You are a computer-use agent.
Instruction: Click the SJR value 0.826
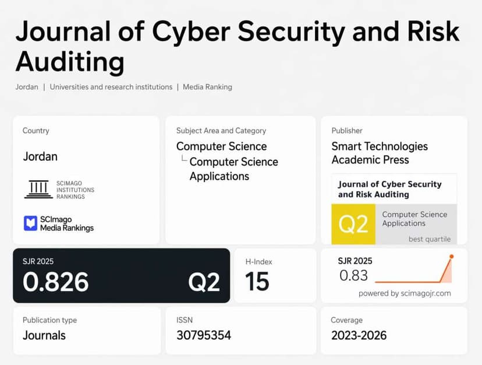pos(56,282)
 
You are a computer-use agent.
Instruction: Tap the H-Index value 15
pos(257,282)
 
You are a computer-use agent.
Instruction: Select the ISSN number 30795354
pos(204,335)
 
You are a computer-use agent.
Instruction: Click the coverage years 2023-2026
pos(359,335)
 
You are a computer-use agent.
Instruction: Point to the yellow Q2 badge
pos(353,224)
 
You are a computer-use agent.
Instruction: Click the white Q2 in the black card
pos(204,282)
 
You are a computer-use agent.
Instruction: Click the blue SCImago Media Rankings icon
pos(30,223)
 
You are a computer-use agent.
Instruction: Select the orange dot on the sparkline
pos(451,257)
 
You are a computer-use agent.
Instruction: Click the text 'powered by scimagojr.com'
pos(405,293)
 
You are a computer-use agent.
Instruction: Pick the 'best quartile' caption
pos(429,239)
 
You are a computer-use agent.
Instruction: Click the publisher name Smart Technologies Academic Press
pos(380,153)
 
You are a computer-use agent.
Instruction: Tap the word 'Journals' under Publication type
pos(44,335)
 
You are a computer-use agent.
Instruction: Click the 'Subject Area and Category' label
pos(221,131)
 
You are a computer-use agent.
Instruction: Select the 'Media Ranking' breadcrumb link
pos(207,87)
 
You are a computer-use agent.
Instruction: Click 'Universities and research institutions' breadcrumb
pos(111,87)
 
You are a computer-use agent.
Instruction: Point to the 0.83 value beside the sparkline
pos(353,276)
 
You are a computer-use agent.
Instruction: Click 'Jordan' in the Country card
pos(40,156)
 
